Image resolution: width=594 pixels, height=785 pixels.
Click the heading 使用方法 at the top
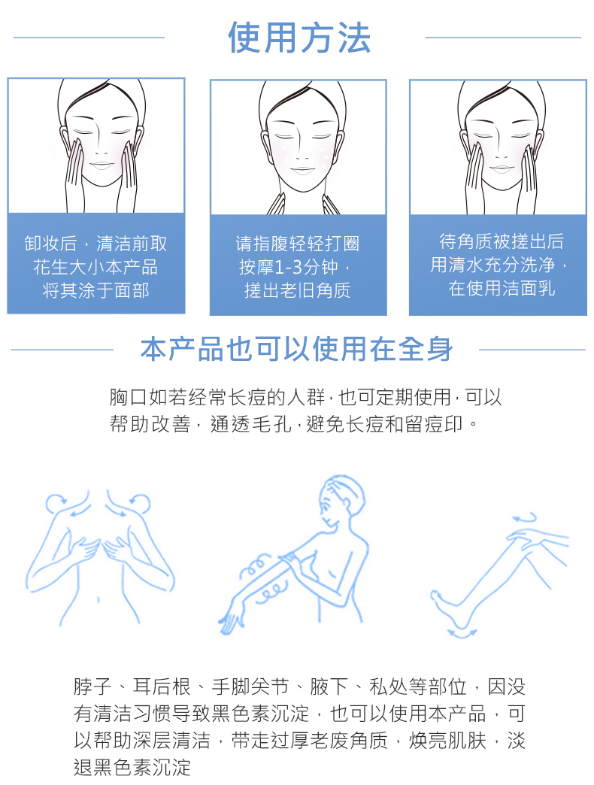point(299,38)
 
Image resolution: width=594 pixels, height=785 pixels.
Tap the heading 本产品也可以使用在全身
point(297,349)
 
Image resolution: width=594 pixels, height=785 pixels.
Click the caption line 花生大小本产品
point(95,267)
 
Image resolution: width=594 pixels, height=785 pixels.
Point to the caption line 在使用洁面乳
point(502,288)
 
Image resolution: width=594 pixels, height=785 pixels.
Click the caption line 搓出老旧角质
point(298,290)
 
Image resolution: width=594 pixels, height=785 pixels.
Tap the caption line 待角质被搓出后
point(502,241)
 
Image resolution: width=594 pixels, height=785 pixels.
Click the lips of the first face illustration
point(102,165)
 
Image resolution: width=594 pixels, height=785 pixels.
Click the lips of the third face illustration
point(502,168)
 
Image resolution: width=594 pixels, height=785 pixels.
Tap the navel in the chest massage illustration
point(98,599)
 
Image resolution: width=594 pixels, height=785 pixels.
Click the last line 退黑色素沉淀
point(132,767)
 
